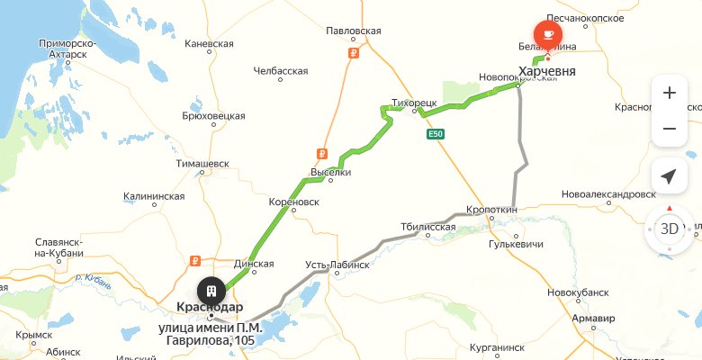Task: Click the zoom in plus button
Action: click(x=669, y=94)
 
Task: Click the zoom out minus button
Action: click(x=669, y=129)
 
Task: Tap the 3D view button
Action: click(x=669, y=228)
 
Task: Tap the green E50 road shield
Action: click(x=436, y=134)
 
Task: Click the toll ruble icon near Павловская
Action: click(x=353, y=52)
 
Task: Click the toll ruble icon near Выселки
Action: click(x=321, y=153)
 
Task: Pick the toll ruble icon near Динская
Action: click(x=193, y=263)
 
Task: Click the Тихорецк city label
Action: click(x=414, y=103)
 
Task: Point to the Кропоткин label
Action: click(x=492, y=210)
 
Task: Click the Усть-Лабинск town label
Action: click(x=337, y=265)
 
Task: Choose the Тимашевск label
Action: click(x=203, y=164)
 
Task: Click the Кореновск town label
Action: click(x=295, y=202)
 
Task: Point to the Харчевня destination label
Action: click(x=548, y=70)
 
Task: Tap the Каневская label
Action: click(x=209, y=43)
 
